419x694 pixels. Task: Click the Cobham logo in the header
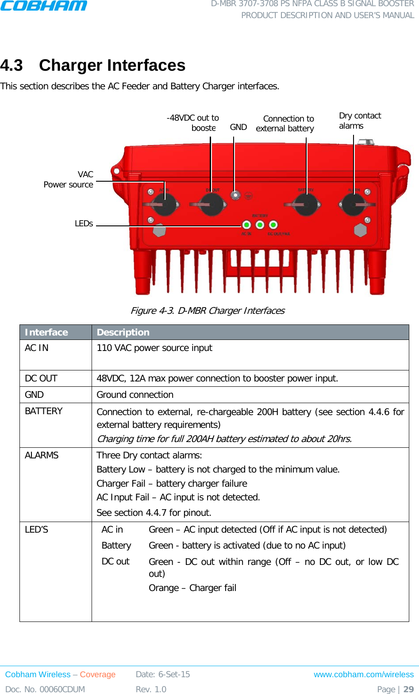pos(43,6)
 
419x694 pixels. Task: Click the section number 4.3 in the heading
pos(12,65)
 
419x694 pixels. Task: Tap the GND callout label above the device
pos(238,127)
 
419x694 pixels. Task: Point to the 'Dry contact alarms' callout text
pos(359,121)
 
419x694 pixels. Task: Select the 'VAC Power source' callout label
pos(69,179)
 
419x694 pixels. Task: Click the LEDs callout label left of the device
pos(84,224)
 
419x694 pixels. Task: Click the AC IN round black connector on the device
pos(165,205)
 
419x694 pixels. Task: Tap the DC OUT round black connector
pos(212,205)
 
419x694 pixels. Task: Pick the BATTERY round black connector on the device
pos(307,205)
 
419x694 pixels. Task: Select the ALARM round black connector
pos(354,205)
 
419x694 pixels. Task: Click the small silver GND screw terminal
pos(236,195)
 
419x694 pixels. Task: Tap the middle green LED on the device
pos(260,225)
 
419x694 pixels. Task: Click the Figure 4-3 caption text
pos(208,311)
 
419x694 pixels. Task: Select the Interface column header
pos(46,332)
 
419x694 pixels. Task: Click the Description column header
pos(123,332)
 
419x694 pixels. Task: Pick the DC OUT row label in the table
pos(41,378)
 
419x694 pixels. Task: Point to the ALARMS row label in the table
pos(42,455)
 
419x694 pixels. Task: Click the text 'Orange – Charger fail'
pos(192,588)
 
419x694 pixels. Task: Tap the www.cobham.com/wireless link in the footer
pos(364,675)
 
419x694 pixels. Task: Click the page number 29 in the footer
pos(408,689)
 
